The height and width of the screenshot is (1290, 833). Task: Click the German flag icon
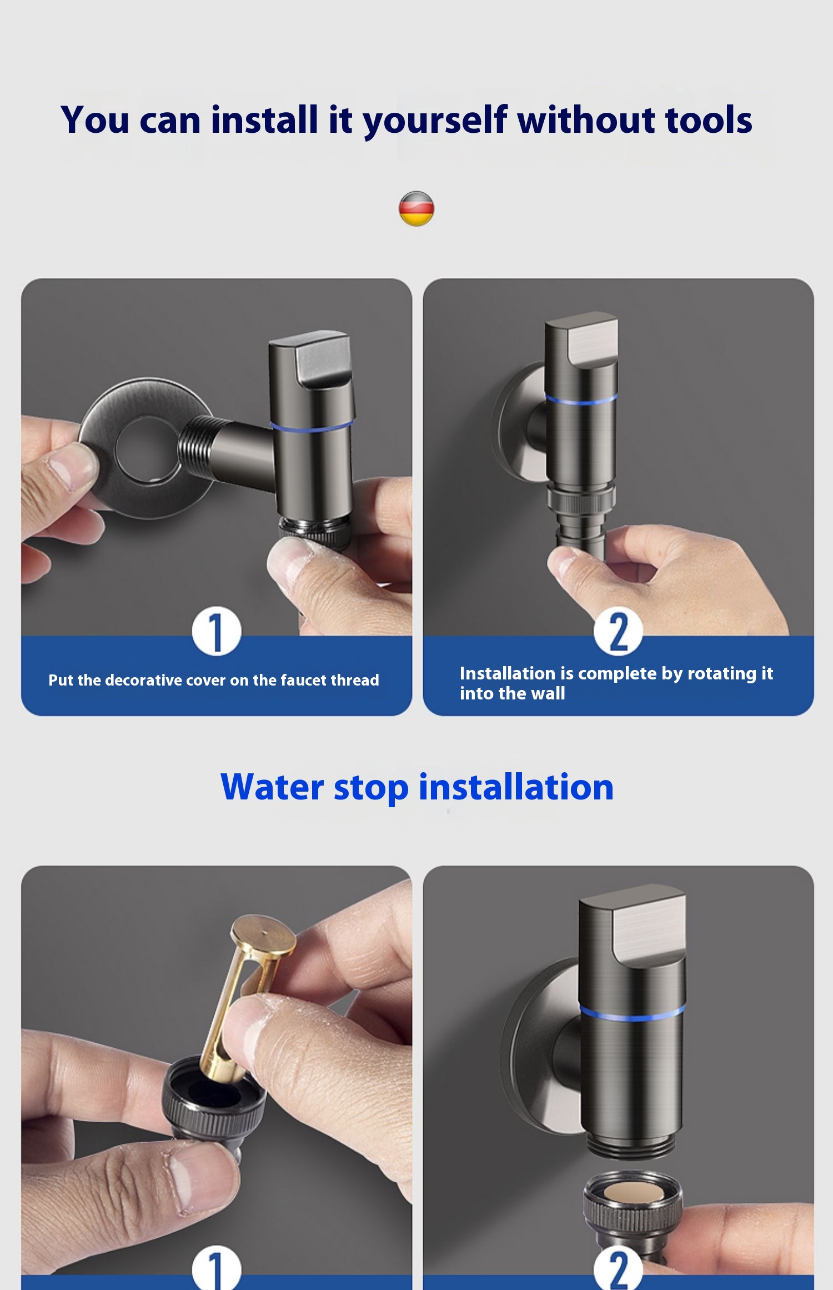pyautogui.click(x=416, y=208)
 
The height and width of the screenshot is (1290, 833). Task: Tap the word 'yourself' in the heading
pyautogui.click(x=435, y=121)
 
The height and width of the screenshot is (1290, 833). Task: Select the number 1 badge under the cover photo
pyautogui.click(x=216, y=632)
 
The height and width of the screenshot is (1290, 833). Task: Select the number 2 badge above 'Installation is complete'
pyautogui.click(x=618, y=632)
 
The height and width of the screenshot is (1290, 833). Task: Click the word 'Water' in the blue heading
pyautogui.click(x=272, y=787)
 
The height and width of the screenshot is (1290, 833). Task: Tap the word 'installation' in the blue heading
pyautogui.click(x=516, y=787)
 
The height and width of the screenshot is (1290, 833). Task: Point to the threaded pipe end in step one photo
pyautogui.click(x=198, y=444)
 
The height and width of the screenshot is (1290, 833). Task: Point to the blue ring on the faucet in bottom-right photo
pyautogui.click(x=632, y=1014)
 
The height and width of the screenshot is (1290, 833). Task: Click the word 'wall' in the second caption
pyautogui.click(x=548, y=693)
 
